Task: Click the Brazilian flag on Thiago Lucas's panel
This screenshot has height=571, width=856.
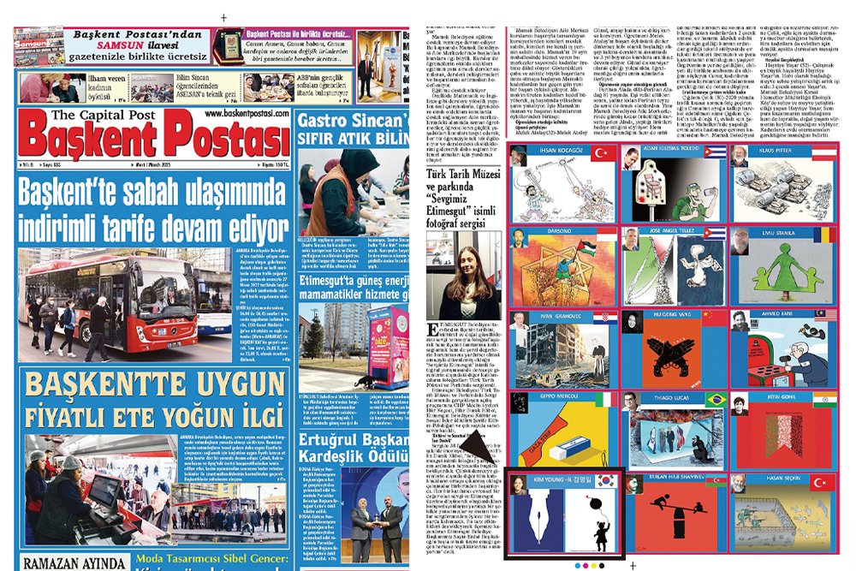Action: (x=713, y=399)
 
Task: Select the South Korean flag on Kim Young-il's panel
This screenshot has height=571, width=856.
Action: (x=605, y=481)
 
